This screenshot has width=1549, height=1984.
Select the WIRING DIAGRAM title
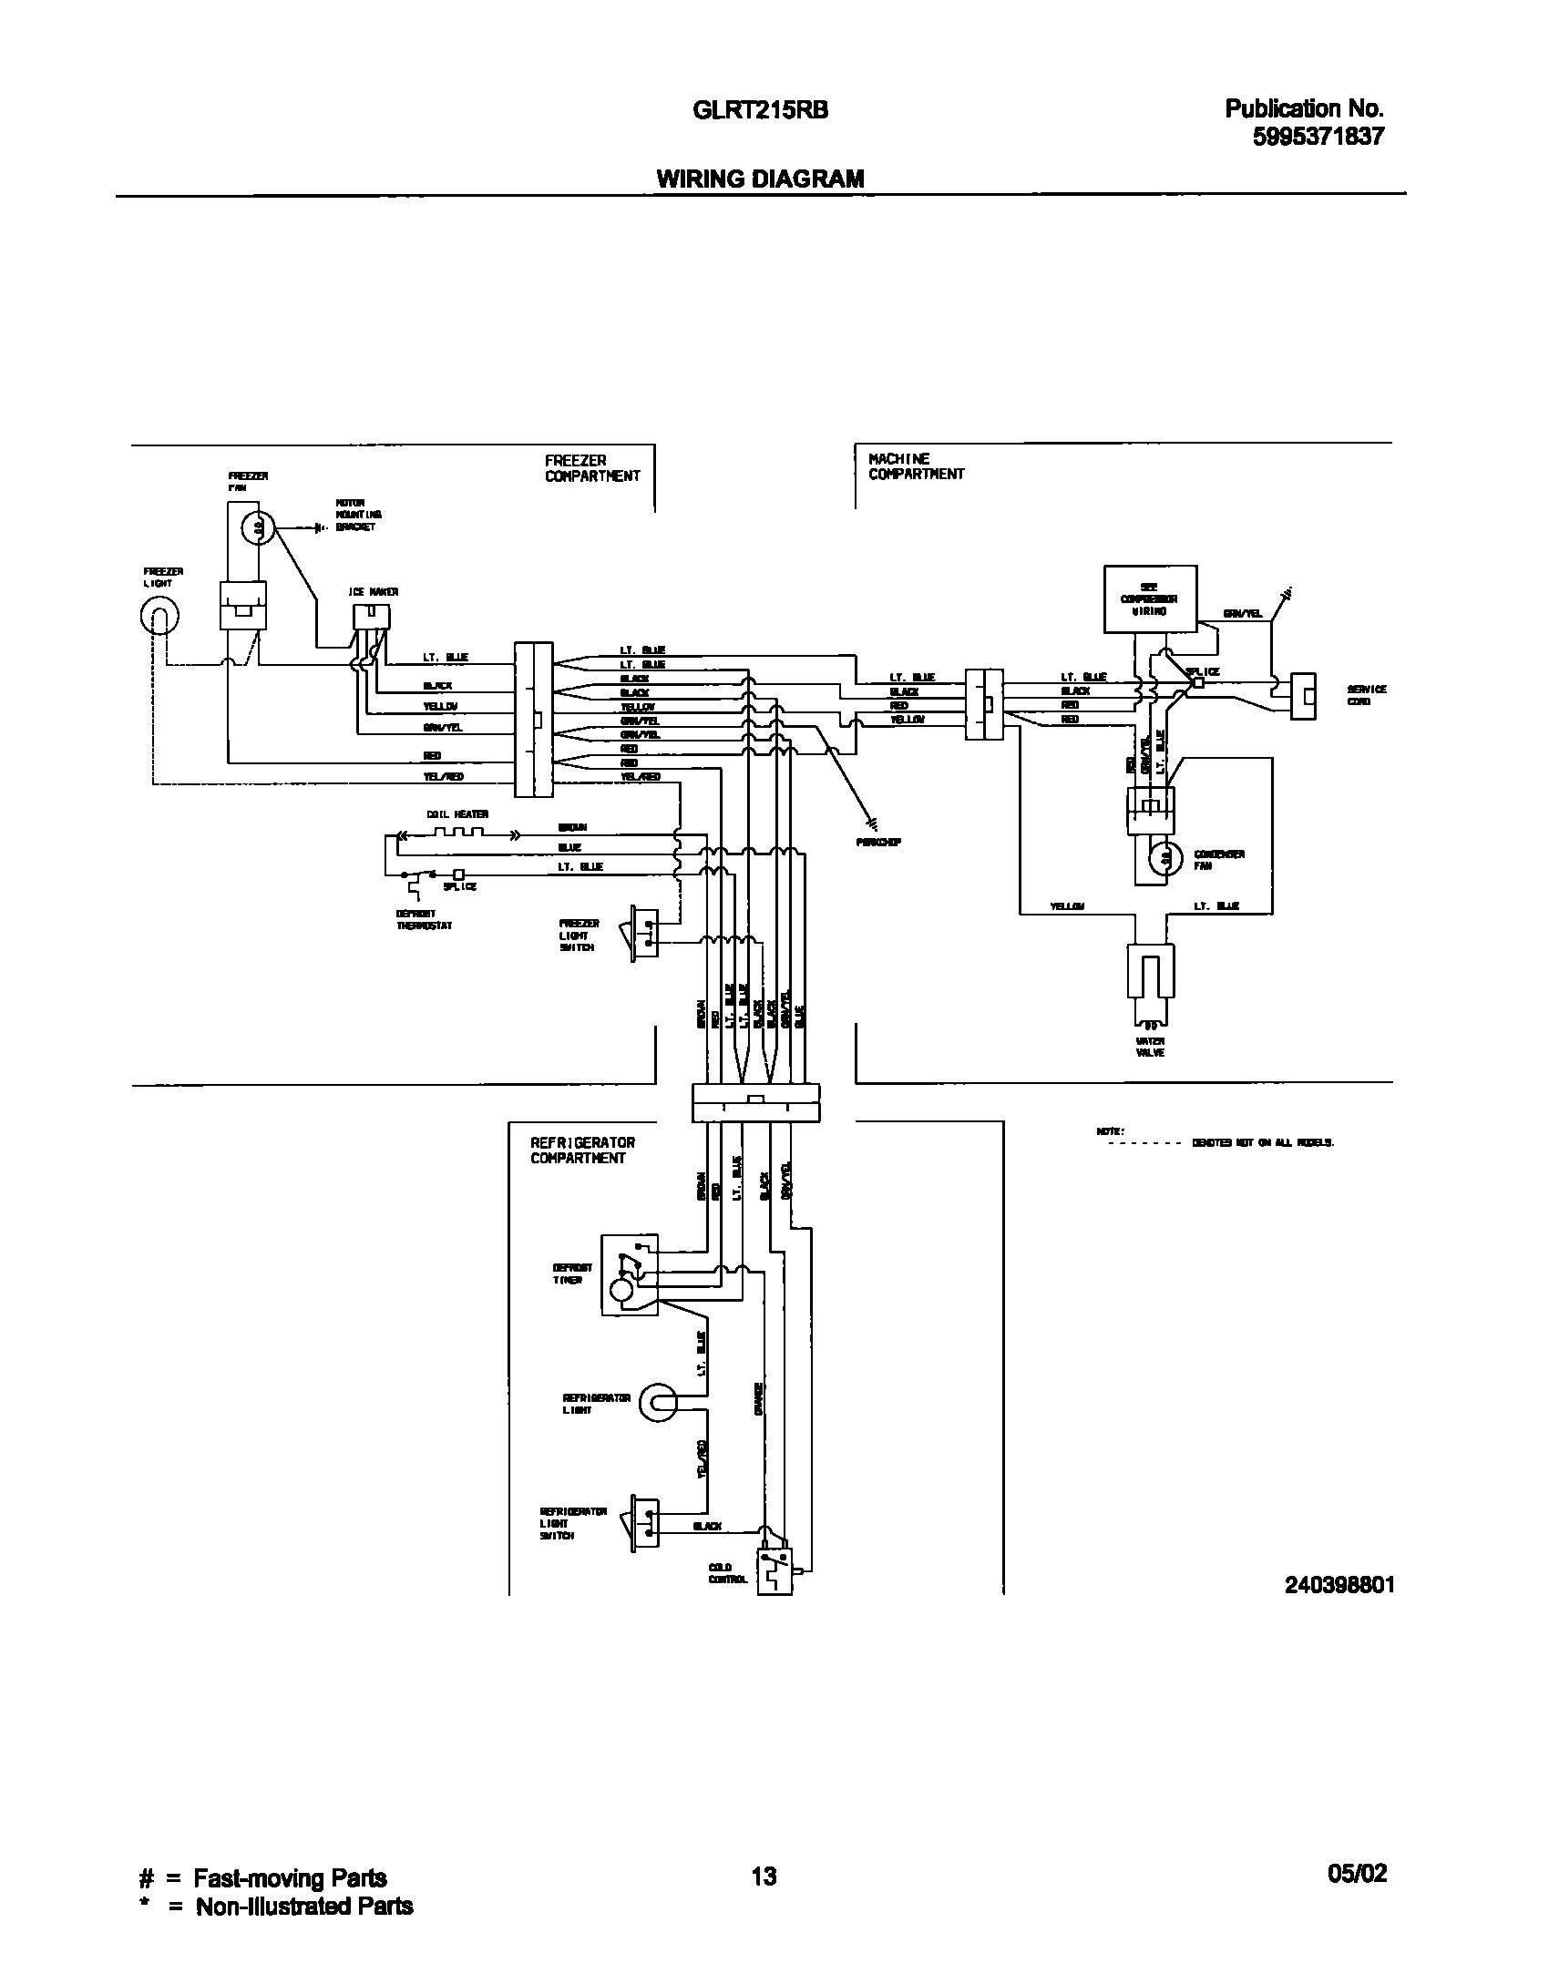tap(760, 179)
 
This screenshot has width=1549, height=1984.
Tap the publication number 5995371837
tap(1318, 137)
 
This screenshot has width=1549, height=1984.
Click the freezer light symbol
tap(159, 617)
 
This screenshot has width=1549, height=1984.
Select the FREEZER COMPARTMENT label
tap(592, 468)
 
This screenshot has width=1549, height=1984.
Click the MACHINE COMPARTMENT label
tap(915, 466)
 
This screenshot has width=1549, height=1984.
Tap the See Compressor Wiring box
tap(1149, 598)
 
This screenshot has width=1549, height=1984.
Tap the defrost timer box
tap(629, 1275)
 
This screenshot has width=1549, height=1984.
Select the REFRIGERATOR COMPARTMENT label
tap(582, 1151)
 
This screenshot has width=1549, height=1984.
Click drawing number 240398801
tap(1339, 1585)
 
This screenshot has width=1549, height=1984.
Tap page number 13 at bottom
tap(764, 1875)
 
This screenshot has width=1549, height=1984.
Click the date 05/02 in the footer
tap(1357, 1874)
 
